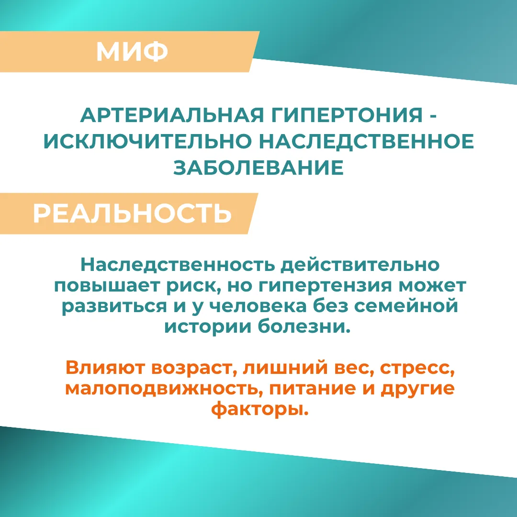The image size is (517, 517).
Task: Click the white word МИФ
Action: pos(132,51)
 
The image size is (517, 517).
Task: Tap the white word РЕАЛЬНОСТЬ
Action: pos(132,214)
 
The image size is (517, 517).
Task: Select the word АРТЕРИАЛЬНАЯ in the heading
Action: pos(172,115)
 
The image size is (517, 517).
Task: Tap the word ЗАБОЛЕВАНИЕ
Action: pos(258,168)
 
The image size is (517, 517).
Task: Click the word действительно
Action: pos(360,265)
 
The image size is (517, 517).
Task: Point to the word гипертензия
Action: pos(325,286)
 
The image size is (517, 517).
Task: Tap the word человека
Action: pos(258,306)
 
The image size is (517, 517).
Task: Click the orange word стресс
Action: pos(417,369)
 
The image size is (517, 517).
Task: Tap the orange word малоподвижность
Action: pos(164,388)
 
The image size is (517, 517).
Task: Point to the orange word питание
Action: pos(313,388)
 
